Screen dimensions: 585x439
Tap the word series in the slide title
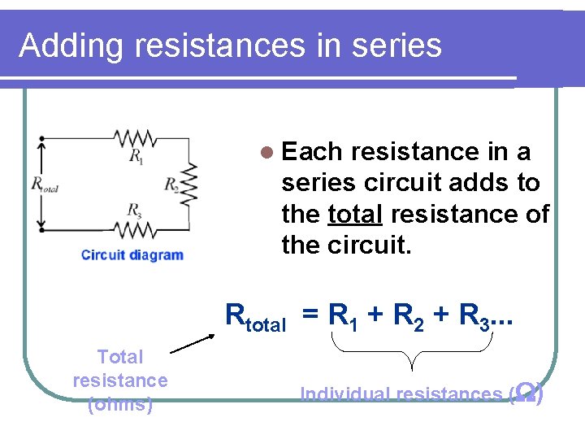click(x=396, y=46)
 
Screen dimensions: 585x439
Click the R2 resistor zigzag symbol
click(x=190, y=184)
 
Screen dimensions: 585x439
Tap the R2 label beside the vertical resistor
click(x=171, y=184)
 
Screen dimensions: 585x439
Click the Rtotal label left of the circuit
click(x=45, y=185)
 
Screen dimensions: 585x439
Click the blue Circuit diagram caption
click(x=132, y=255)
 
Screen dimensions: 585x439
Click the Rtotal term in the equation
click(x=255, y=315)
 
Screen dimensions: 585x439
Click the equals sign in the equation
click(x=310, y=315)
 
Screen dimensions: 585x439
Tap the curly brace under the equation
click(x=415, y=354)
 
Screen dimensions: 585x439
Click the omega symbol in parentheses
click(x=525, y=393)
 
